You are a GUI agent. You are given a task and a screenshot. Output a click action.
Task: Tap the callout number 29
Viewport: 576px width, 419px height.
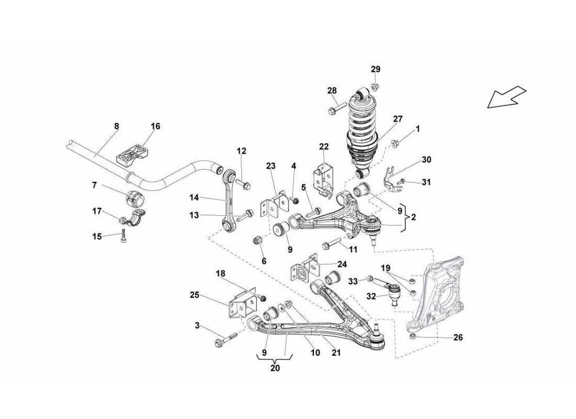(376, 69)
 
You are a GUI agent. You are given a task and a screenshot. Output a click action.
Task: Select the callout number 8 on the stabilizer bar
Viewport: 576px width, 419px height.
(116, 126)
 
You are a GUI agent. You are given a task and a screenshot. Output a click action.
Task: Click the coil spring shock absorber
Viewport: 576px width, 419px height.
(362, 134)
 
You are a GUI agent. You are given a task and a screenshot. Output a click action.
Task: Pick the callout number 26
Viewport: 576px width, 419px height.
(458, 338)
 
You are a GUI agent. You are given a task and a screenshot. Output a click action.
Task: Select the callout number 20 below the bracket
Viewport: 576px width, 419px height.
(275, 368)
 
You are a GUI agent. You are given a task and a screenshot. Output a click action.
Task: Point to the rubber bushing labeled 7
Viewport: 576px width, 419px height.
(135, 200)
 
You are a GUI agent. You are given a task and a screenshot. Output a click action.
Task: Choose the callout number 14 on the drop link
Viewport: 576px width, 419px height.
(194, 198)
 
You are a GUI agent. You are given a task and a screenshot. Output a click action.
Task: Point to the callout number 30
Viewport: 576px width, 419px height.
(426, 159)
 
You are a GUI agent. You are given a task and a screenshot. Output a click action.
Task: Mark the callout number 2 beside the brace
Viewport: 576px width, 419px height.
(414, 216)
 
